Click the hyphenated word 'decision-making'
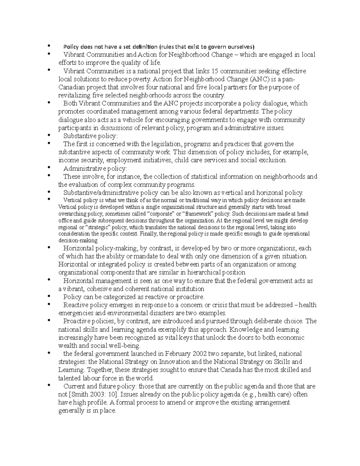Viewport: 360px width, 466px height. click(78, 240)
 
